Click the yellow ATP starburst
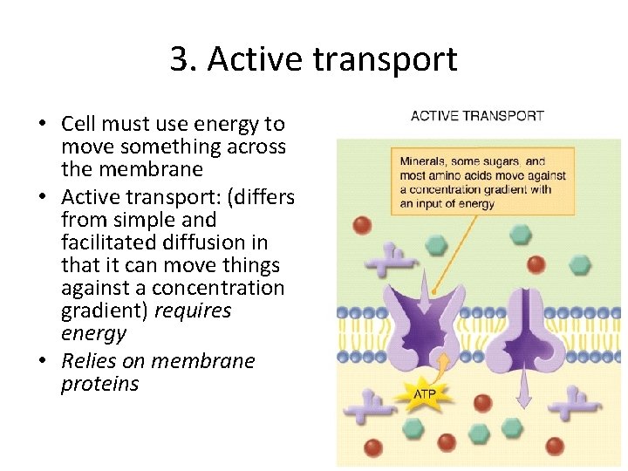click(x=421, y=394)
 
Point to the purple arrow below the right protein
click(x=523, y=384)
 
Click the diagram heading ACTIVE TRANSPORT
click(x=477, y=116)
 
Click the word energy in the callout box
click(x=475, y=204)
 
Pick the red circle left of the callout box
click(x=362, y=225)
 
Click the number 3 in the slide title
click(x=179, y=59)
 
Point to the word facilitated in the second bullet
click(x=107, y=242)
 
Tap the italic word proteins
click(x=99, y=384)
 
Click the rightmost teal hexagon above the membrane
click(x=578, y=264)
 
